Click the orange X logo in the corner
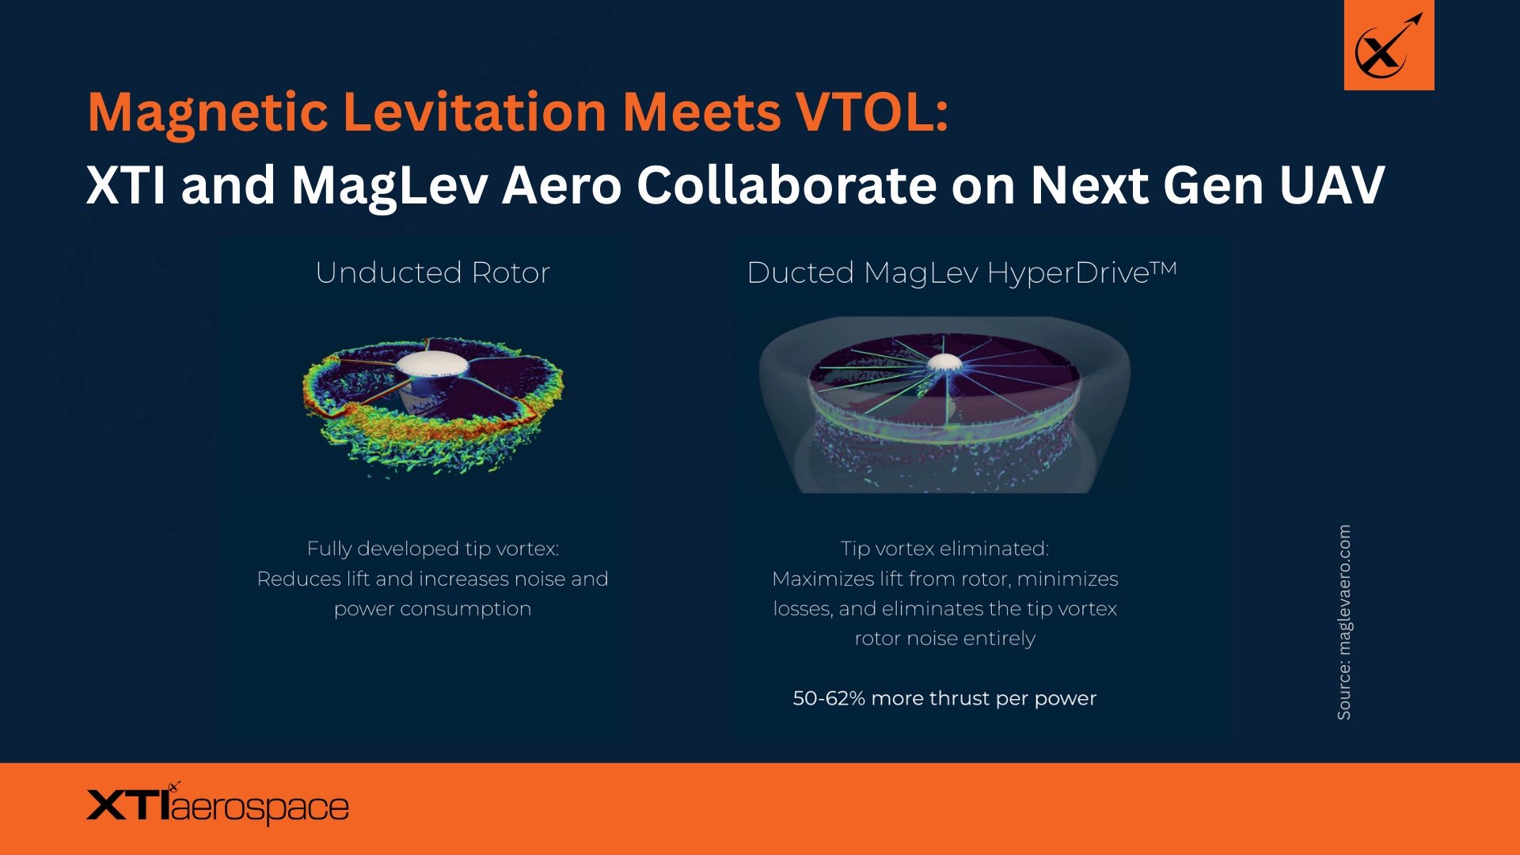(1389, 45)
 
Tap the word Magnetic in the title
(207, 112)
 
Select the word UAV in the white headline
(1332, 185)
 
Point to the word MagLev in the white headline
(389, 185)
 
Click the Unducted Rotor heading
(432, 272)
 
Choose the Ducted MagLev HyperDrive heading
(947, 272)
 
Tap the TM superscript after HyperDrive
(1164, 268)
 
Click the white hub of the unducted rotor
(431, 364)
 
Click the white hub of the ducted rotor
(944, 363)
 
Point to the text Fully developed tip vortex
(432, 549)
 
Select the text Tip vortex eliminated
(944, 549)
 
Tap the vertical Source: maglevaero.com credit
(1344, 622)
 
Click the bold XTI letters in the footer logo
(127, 806)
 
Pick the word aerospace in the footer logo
(260, 808)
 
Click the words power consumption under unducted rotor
(432, 609)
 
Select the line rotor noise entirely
(944, 638)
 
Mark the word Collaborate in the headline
(787, 185)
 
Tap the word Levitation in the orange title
(475, 112)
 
